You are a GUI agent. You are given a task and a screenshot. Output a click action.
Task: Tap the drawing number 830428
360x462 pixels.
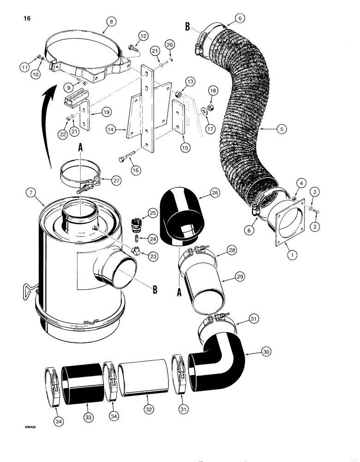[x=28, y=427]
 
